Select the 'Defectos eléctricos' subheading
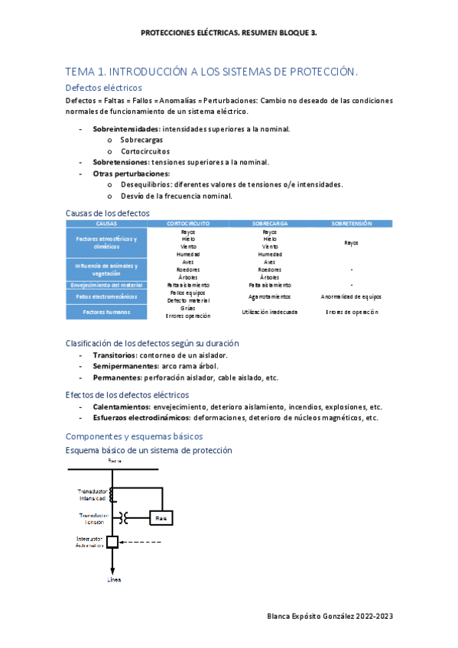pos(104,88)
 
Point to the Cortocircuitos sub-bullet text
pos(145,151)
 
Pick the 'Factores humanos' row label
pos(106,312)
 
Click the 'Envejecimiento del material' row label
pos(106,285)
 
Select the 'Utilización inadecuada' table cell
pos(269,312)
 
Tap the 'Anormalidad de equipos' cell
pos(351,296)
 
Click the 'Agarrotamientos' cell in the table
pos(269,296)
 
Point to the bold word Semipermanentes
pos(125,367)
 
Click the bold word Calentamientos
pos(122,407)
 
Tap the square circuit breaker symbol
pos(112,542)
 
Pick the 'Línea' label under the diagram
pos(113,581)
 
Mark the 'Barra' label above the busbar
pos(114,462)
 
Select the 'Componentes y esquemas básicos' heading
pos(134,436)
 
